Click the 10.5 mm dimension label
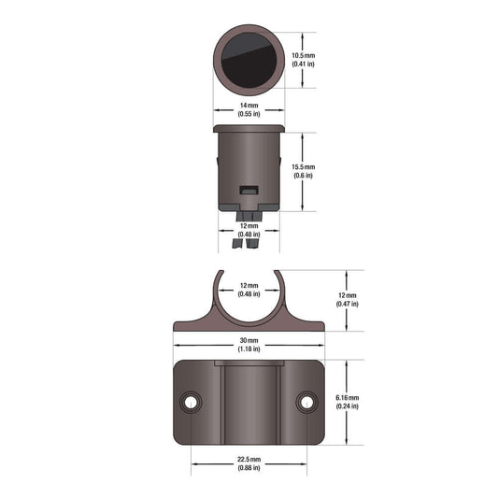304,55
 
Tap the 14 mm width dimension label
249,106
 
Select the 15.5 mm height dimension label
304,167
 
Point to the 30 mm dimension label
249,340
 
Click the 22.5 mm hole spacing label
249,460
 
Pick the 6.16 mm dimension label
348,398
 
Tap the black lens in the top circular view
249,60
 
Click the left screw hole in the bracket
191,403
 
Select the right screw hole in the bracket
306,403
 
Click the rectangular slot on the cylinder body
249,191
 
